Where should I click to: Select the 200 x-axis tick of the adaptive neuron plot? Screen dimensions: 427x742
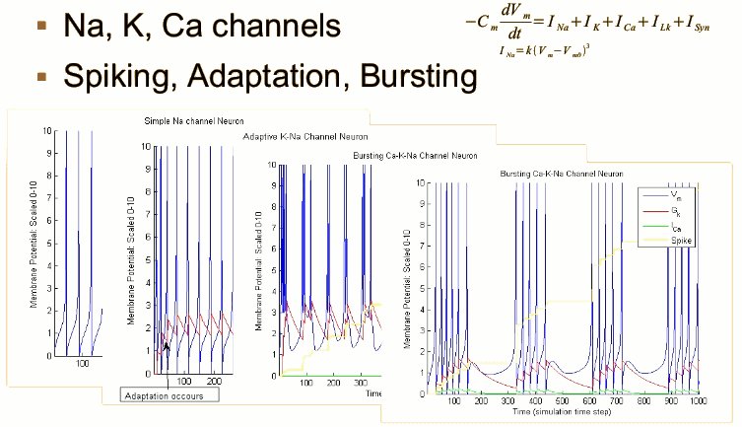(214, 380)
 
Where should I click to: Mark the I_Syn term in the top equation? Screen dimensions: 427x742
(706, 28)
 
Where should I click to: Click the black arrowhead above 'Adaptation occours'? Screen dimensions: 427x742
(167, 346)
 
